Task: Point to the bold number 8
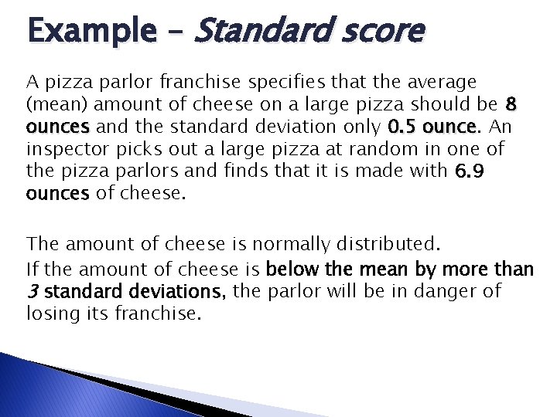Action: [x=510, y=103]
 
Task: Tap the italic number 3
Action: [x=31, y=291]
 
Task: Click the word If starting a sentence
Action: [x=32, y=270]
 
